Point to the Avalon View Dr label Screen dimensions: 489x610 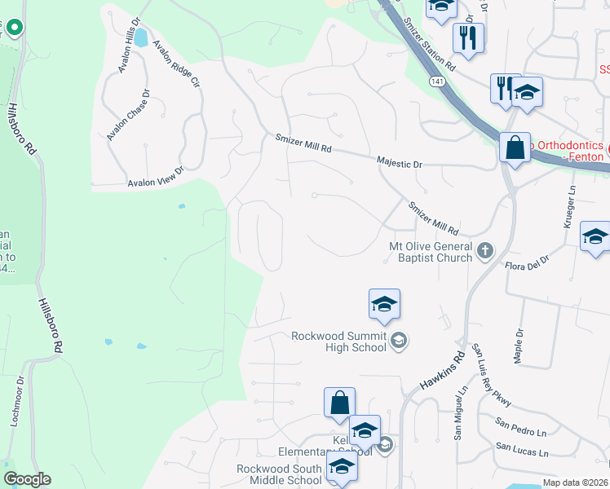pyautogui.click(x=156, y=177)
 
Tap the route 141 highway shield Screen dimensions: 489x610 pyautogui.click(x=438, y=82)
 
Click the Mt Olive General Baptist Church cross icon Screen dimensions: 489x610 pyautogui.click(x=485, y=250)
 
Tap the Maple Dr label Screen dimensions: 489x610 pyautogui.click(x=518, y=344)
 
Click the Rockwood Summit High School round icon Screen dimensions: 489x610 pyautogui.click(x=399, y=340)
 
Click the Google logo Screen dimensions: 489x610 pyautogui.click(x=27, y=479)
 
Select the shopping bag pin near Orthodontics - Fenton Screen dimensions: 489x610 pyautogui.click(x=514, y=149)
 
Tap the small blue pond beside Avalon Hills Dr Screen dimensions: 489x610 pyautogui.click(x=141, y=37)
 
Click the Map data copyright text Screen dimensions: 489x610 pyautogui.click(x=574, y=482)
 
